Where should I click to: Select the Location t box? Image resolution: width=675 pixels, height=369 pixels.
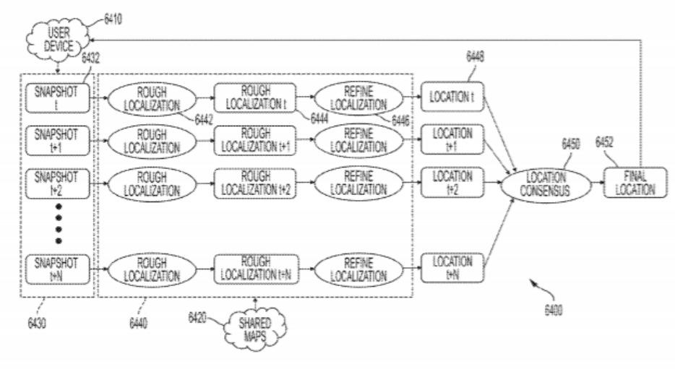[452, 97]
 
